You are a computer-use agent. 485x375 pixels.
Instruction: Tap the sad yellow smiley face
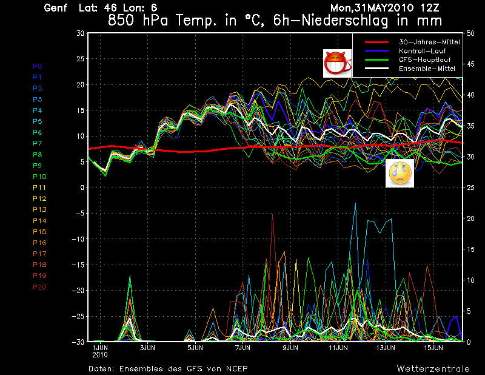pyautogui.click(x=400, y=174)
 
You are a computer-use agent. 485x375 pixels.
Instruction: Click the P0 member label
pyautogui.click(x=38, y=66)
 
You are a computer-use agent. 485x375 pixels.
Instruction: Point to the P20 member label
pyautogui.click(x=39, y=287)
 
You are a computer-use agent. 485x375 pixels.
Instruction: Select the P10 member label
pyautogui.click(x=39, y=177)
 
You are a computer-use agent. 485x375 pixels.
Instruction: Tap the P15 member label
pyautogui.click(x=39, y=232)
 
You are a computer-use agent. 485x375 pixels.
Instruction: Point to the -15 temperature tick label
pyautogui.click(x=78, y=265)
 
